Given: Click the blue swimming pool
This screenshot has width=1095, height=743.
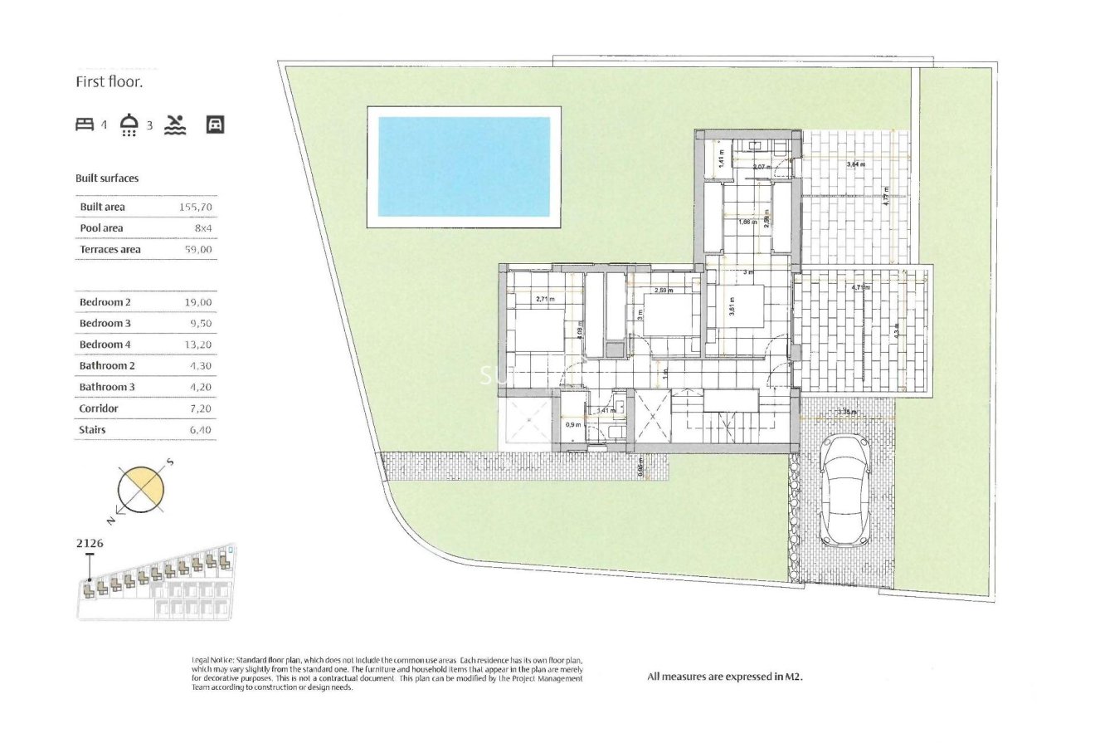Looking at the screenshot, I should pyautogui.click(x=464, y=166).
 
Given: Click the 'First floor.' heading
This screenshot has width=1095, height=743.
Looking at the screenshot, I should pyautogui.click(x=109, y=82).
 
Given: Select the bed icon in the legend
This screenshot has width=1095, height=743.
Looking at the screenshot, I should pyautogui.click(x=85, y=125).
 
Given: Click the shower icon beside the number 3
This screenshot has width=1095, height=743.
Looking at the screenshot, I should pyautogui.click(x=129, y=125).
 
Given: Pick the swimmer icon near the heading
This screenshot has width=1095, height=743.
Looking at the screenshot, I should pyautogui.click(x=175, y=125).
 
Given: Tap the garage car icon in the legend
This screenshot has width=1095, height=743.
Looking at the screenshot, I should pyautogui.click(x=215, y=125).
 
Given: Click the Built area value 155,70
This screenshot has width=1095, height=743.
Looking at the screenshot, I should pyautogui.click(x=195, y=207).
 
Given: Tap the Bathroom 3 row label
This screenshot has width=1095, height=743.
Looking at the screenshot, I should pyautogui.click(x=107, y=388).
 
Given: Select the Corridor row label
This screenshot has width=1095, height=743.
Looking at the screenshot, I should pyautogui.click(x=99, y=408).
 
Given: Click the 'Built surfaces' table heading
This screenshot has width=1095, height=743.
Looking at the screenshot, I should pyautogui.click(x=107, y=178).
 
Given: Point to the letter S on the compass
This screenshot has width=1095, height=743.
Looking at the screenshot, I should pyautogui.click(x=169, y=462).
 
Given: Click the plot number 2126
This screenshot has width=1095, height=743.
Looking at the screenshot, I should pyautogui.click(x=90, y=544).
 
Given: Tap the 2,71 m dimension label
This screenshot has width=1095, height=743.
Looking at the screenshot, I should pyautogui.click(x=544, y=299).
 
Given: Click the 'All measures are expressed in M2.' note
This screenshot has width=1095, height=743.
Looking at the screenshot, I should pyautogui.click(x=725, y=677).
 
